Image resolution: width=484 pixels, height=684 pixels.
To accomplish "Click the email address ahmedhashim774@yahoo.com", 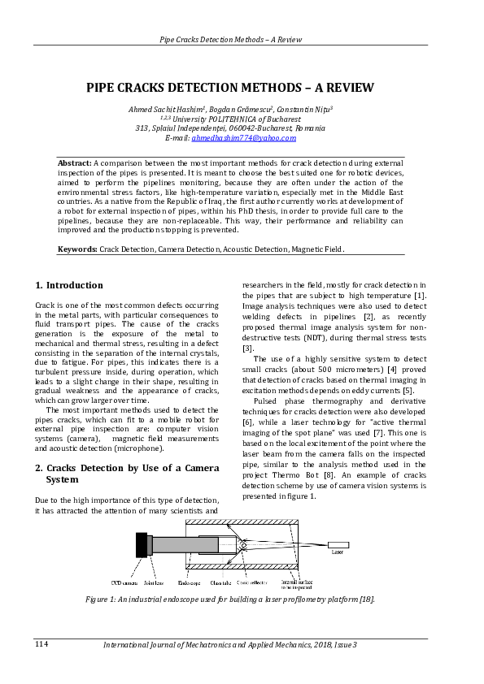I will pos(243,138).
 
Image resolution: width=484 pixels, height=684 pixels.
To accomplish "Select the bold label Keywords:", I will pos(77,249).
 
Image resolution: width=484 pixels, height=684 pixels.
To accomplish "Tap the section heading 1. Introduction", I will pos(69,285).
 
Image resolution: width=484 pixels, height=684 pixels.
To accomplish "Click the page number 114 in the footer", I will pos(41,644).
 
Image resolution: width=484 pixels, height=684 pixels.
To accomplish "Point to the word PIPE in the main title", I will pos(103,88).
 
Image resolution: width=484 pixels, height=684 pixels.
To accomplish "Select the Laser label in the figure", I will pos(338,552).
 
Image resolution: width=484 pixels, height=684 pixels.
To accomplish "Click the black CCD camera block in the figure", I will pos(141,544).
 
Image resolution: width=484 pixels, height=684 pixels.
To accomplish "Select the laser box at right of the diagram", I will pos(338,544).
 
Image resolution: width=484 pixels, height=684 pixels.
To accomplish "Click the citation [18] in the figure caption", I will pos(367,599).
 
